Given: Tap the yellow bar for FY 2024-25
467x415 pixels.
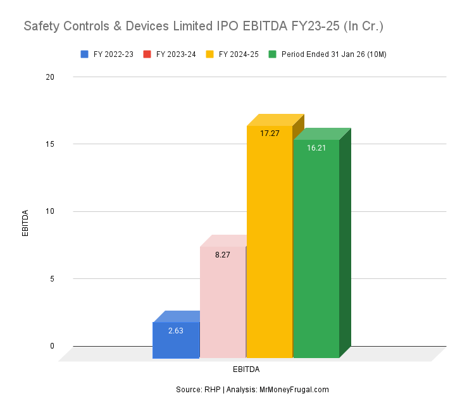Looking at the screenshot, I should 270,247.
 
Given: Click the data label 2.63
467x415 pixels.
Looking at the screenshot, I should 176,330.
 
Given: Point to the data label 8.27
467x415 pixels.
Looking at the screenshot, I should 223,255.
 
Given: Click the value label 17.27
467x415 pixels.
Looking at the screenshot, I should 270,133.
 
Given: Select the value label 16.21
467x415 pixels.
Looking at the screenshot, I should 316,147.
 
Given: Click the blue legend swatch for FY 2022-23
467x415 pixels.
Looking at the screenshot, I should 85,54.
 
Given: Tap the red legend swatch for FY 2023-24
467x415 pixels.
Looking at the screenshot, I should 147,54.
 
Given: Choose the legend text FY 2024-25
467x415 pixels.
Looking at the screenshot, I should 239,54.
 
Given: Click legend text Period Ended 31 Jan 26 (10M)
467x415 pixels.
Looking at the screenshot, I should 333,54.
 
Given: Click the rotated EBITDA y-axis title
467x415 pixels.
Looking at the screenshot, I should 26,223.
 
